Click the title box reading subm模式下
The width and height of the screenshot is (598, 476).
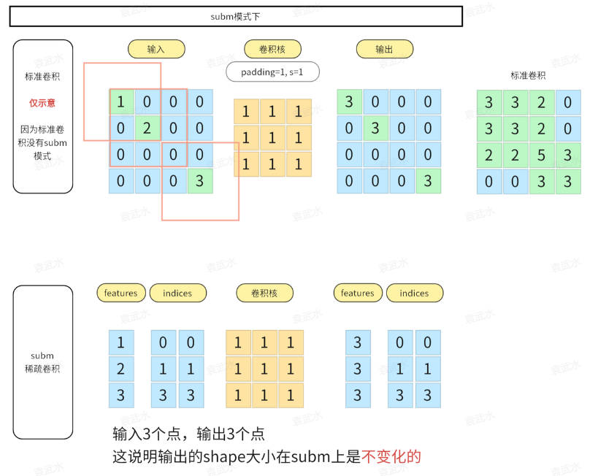click(x=236, y=17)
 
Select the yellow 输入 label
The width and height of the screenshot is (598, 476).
click(x=156, y=49)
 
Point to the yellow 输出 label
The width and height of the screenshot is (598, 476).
click(x=385, y=49)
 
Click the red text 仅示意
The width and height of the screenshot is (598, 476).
click(x=42, y=103)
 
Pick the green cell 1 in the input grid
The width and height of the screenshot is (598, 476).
click(x=122, y=102)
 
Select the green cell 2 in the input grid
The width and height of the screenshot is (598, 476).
click(x=147, y=128)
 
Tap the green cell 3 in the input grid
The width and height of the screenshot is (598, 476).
click(x=200, y=180)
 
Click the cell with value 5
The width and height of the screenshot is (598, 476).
click(x=542, y=155)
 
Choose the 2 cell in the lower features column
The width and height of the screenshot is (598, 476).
click(x=121, y=369)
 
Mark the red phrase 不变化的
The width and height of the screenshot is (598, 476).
click(x=392, y=457)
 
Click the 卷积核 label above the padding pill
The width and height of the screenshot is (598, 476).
click(x=272, y=49)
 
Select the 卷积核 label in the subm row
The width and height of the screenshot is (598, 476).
click(x=265, y=293)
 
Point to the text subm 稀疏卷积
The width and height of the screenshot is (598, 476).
click(x=42, y=362)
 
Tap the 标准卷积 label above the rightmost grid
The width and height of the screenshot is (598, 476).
click(x=528, y=75)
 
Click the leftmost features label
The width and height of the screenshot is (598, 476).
click(x=120, y=293)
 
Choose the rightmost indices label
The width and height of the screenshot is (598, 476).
click(x=414, y=293)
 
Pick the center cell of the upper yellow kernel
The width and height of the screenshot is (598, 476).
click(x=272, y=138)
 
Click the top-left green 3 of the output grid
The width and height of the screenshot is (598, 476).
click(x=349, y=102)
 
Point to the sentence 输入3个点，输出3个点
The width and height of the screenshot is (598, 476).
click(x=188, y=434)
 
